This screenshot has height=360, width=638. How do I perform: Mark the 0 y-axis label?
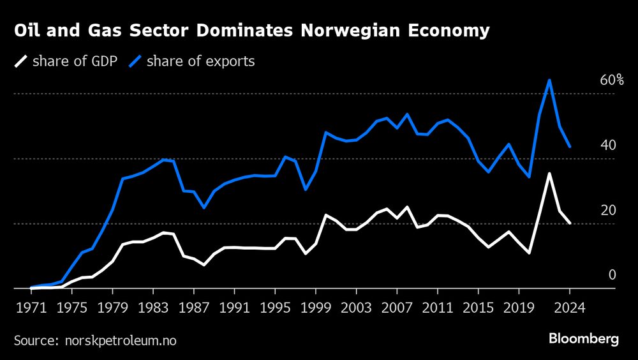pos(612,275)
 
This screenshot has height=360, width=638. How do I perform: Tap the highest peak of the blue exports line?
pos(549,80)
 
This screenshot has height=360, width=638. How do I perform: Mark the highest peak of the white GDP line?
pos(549,174)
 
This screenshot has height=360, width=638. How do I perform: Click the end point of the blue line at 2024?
pos(570,147)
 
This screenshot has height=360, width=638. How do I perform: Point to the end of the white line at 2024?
pos(570,223)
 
